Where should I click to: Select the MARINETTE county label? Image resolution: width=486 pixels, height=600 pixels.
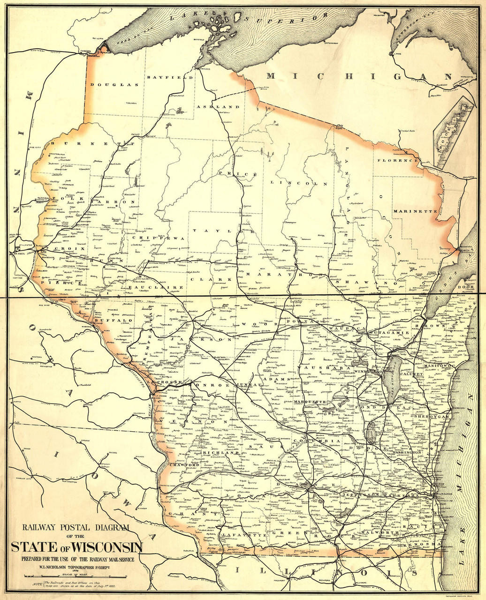[x=415, y=211]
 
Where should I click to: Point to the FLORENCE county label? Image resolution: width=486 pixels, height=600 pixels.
[x=399, y=160]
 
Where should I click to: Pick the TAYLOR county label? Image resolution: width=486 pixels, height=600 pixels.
[x=223, y=231]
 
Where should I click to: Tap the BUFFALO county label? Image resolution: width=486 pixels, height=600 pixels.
[x=114, y=320]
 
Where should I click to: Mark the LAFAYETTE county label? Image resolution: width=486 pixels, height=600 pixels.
[x=238, y=534]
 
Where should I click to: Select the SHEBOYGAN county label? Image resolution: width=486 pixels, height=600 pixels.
[x=431, y=416]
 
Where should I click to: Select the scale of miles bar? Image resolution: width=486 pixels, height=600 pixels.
[x=75, y=577]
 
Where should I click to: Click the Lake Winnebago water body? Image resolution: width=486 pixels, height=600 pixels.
[x=394, y=380]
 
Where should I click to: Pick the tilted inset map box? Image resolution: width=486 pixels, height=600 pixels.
[x=454, y=132]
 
